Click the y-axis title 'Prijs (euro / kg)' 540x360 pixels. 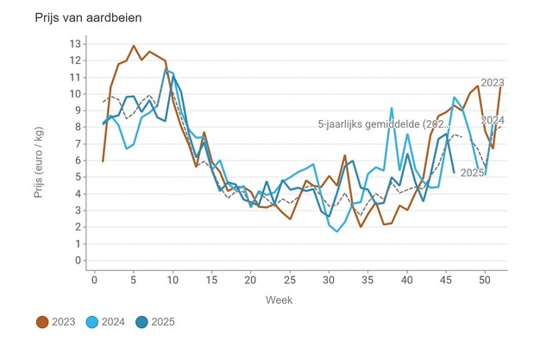[x=39, y=153]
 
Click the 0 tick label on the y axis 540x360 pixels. [x=78, y=260]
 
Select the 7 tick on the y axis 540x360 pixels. [x=78, y=143]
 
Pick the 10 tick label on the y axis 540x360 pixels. [x=75, y=93]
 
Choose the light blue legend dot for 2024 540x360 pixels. [x=95, y=322]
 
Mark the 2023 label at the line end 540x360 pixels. [x=493, y=82]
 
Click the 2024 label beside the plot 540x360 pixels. [x=493, y=120]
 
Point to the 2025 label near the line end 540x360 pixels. [x=472, y=173]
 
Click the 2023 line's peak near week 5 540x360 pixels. [x=134, y=46]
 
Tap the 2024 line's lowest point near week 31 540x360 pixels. [x=336, y=231]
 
